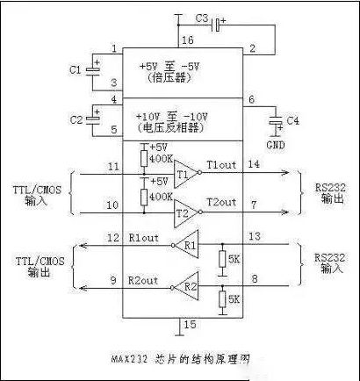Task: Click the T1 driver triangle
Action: tap(184, 174)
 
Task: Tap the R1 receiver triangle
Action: tap(189, 246)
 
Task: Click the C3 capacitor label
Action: tap(201, 18)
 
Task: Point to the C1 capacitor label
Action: tap(75, 68)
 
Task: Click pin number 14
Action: tap(254, 165)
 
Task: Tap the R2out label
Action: tap(143, 281)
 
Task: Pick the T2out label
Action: tap(221, 202)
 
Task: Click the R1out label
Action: tap(143, 237)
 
